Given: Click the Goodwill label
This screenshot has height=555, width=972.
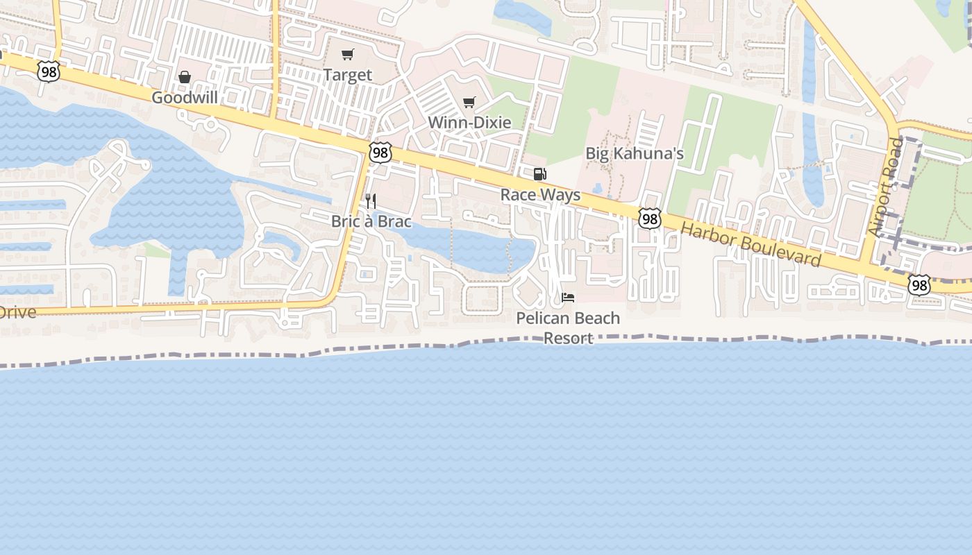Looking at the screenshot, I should (x=185, y=98).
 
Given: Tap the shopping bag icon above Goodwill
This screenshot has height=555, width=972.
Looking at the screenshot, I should (x=185, y=77).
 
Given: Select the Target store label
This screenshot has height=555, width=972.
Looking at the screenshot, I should (x=348, y=75).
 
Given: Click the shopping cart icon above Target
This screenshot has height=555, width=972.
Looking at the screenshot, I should (x=348, y=54).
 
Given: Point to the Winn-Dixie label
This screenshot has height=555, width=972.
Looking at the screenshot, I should (x=469, y=123).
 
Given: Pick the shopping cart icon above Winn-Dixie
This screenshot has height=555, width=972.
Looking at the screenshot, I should (x=469, y=103).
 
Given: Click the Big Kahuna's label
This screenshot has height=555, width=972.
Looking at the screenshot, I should (x=635, y=153).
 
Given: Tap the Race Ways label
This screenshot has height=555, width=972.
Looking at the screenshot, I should (x=540, y=195).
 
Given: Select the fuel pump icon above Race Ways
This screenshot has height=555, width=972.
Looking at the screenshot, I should (x=540, y=174).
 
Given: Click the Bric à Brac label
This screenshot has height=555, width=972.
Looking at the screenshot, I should (x=371, y=222).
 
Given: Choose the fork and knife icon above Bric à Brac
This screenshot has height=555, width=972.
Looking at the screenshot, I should (x=371, y=201).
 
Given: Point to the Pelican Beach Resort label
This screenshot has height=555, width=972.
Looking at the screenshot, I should (x=568, y=327).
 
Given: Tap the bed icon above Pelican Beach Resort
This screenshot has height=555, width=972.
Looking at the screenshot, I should (x=568, y=298).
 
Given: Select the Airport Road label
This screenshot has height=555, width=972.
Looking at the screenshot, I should (x=887, y=185).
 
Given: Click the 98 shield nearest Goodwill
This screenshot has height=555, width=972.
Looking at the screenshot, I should (x=49, y=71).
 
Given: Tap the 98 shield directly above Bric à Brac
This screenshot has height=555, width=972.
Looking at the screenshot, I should (x=380, y=153).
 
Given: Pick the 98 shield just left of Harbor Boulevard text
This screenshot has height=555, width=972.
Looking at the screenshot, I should (x=650, y=219).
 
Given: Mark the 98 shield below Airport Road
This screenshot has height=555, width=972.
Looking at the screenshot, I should (x=919, y=284).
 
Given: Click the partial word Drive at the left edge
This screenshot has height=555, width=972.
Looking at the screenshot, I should (x=17, y=312).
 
